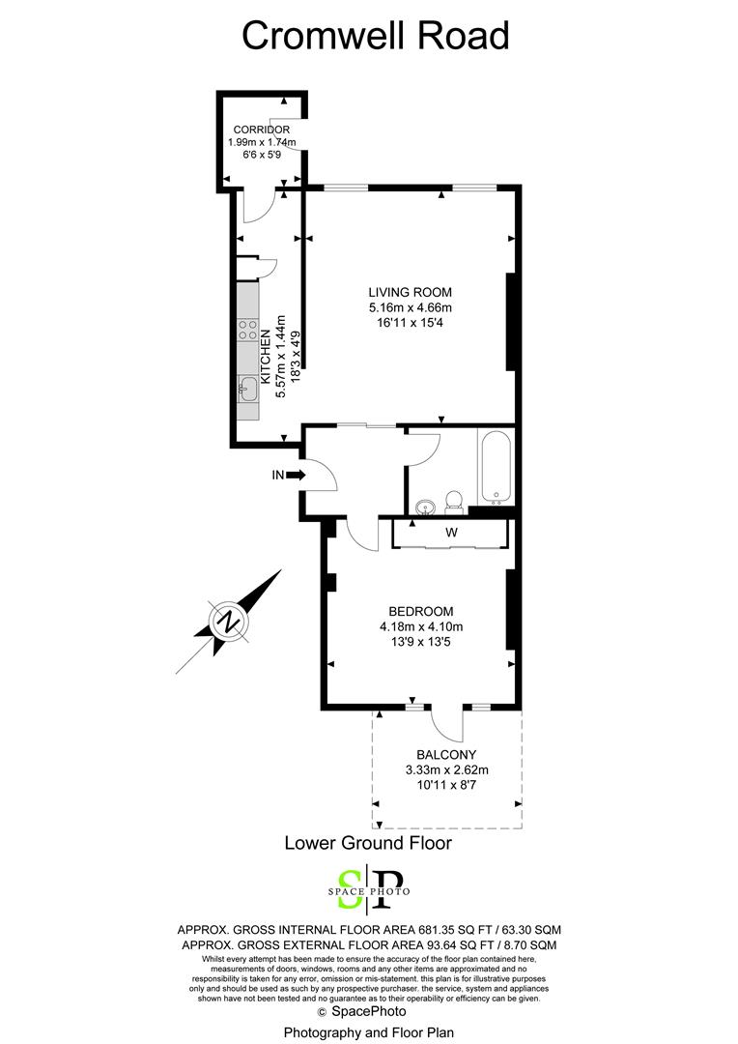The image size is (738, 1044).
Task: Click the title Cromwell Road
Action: click(375, 36)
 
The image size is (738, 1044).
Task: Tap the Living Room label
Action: click(410, 292)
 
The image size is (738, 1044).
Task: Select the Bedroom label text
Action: click(420, 611)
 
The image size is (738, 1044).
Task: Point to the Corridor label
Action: click(261, 130)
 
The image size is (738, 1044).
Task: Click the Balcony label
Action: click(446, 755)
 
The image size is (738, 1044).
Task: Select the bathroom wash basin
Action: click(425, 506)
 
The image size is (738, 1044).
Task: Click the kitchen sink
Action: click(247, 391)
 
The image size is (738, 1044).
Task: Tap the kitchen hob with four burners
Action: click(247, 333)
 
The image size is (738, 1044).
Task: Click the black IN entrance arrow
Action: click(297, 475)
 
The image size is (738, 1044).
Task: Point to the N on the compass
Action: click(228, 621)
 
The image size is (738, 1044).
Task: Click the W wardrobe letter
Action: click(450, 533)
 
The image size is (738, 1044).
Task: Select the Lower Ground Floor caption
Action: click(368, 842)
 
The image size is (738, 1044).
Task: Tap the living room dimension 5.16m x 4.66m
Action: click(410, 307)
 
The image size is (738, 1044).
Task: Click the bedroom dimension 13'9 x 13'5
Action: click(420, 642)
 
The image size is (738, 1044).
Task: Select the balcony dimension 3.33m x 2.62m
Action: click(446, 770)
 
